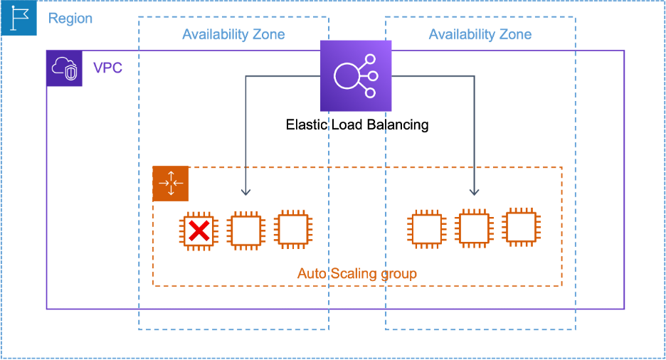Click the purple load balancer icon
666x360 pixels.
(x=356, y=76)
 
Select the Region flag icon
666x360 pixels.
(x=18, y=18)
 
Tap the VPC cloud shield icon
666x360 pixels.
(x=65, y=70)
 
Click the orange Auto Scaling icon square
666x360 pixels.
(x=171, y=184)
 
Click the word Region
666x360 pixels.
(x=70, y=18)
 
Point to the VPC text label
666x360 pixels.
(x=107, y=69)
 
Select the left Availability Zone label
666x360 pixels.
(x=233, y=35)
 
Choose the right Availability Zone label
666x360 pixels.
(x=480, y=35)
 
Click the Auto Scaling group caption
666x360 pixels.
(x=356, y=274)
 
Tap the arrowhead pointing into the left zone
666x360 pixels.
(x=245, y=191)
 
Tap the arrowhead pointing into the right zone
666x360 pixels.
(x=474, y=191)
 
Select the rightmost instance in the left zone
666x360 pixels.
(x=292, y=228)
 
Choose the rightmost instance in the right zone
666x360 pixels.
(x=521, y=227)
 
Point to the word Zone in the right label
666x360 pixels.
(x=515, y=35)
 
